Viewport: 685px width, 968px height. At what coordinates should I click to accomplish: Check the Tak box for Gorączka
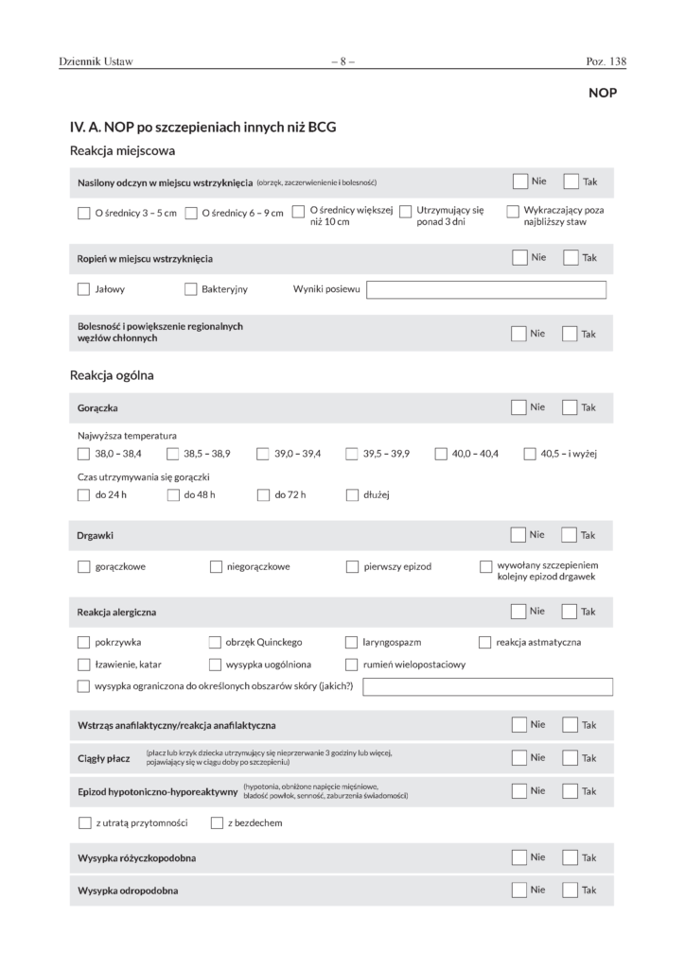(x=570, y=407)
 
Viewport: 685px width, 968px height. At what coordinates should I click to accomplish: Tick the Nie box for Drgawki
(x=518, y=535)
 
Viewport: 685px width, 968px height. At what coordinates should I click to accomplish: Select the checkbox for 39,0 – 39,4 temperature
(x=263, y=454)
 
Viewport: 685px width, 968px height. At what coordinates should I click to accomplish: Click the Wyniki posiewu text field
(x=485, y=290)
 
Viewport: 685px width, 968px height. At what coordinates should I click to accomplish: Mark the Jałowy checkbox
(x=84, y=289)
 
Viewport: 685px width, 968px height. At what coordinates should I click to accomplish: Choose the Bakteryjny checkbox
(x=191, y=289)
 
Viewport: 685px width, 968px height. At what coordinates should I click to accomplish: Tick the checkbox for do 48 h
(x=173, y=493)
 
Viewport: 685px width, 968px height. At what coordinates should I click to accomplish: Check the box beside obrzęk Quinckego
(x=216, y=643)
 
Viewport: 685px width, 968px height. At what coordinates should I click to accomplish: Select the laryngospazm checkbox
(x=352, y=643)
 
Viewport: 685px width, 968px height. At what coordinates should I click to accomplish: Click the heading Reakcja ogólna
(x=112, y=375)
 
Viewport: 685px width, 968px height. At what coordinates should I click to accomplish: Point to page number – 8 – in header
(x=342, y=62)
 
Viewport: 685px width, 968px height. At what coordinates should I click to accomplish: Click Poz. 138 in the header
(x=606, y=62)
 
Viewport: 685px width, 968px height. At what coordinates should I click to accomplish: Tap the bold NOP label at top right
(x=603, y=93)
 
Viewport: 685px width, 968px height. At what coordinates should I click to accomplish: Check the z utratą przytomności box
(x=84, y=822)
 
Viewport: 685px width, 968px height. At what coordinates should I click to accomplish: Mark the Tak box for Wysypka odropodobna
(x=570, y=890)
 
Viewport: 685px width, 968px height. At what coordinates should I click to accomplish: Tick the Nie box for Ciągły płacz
(x=518, y=757)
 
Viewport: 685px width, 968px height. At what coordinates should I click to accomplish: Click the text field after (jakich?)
(x=487, y=686)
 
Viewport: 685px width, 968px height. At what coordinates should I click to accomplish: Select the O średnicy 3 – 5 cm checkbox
(x=84, y=213)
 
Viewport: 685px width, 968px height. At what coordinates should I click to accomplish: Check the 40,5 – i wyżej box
(x=530, y=454)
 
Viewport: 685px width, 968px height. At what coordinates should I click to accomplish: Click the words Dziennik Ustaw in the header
(x=96, y=62)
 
